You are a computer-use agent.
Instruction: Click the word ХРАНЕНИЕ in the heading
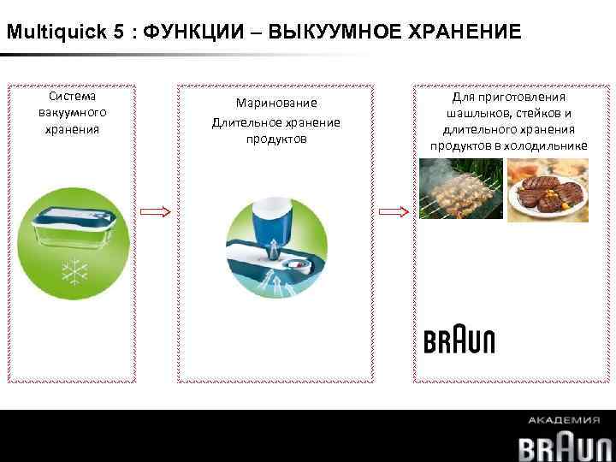tap(463, 33)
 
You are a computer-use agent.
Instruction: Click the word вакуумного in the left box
tap(73, 113)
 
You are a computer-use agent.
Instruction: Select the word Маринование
tap(275, 103)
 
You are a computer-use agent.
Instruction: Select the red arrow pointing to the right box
tap(393, 210)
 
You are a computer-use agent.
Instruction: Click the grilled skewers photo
tap(459, 192)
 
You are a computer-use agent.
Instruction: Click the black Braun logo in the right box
tap(459, 341)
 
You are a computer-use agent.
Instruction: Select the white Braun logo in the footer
tap(566, 446)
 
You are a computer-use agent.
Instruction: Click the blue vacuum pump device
tap(273, 222)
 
